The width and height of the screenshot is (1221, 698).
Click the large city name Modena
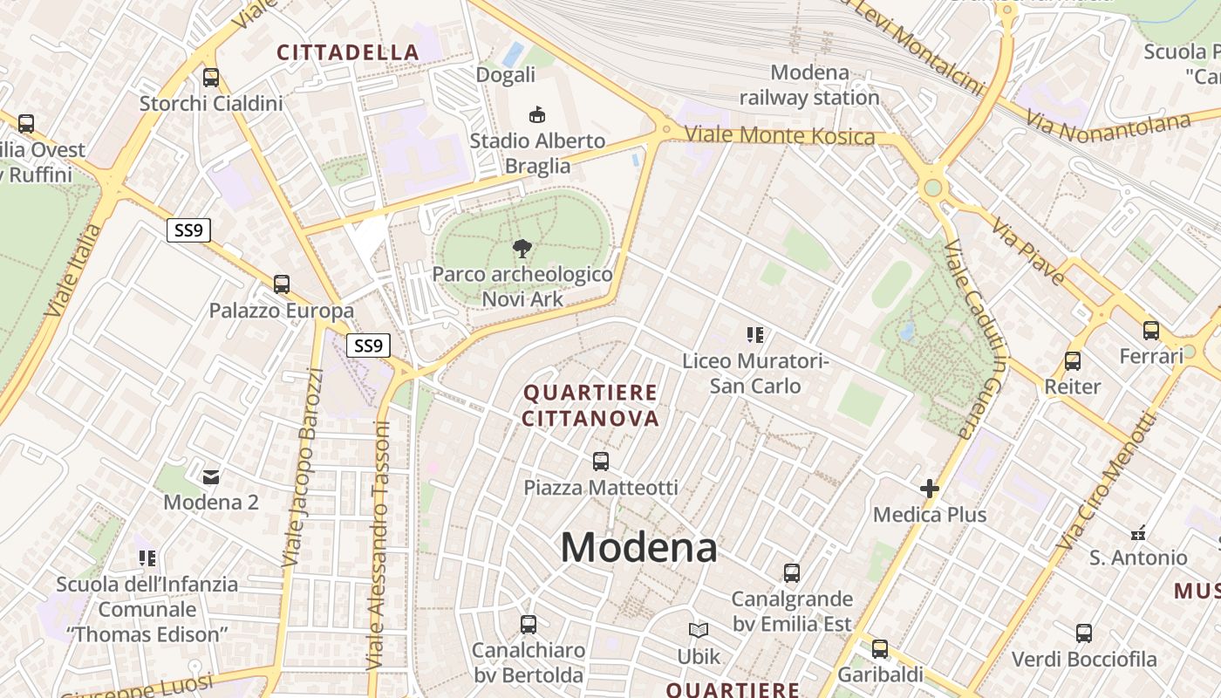638,548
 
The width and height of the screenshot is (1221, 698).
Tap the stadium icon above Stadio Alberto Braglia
537,114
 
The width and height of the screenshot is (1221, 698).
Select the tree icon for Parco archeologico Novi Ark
522,249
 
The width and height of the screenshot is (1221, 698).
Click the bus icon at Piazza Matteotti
600,461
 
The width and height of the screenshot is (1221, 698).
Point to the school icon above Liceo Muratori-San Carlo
755,334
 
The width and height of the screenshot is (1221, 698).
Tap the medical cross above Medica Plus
930,489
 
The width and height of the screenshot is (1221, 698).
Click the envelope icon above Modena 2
211,476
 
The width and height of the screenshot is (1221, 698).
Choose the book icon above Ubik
699,630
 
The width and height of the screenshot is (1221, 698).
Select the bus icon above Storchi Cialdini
211,78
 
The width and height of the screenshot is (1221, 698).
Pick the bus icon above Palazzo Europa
281,284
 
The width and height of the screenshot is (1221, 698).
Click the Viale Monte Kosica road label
780,135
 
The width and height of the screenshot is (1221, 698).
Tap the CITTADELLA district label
348,52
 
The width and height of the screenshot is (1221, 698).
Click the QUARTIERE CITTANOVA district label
590,406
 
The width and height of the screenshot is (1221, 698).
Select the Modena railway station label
809,85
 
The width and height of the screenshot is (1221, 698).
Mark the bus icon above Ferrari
1151,331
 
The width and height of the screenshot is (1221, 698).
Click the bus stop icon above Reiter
1073,360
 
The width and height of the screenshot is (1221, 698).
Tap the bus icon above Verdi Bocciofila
1084,633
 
